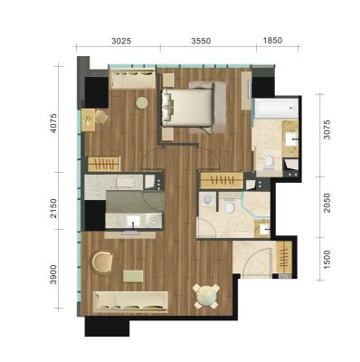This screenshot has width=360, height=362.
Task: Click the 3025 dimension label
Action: [121, 41]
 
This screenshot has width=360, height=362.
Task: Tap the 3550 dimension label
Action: [201, 41]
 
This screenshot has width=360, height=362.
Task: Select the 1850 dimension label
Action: [272, 40]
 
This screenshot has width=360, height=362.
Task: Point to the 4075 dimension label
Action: [53, 123]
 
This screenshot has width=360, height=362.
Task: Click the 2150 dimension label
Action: [53, 208]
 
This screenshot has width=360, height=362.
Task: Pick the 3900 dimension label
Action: [53, 274]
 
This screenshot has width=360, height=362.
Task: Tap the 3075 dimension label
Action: [327, 129]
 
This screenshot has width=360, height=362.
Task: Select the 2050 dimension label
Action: [327, 203]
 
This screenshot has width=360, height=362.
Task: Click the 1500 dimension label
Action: [327, 260]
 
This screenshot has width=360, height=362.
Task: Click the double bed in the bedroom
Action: [187, 108]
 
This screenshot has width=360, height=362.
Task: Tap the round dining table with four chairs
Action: [206, 296]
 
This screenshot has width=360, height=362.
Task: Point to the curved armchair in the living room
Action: [101, 262]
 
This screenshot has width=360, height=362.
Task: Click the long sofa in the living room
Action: [130, 300]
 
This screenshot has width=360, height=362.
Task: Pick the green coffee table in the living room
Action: [133, 276]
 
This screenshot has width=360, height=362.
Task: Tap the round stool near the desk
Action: [141, 103]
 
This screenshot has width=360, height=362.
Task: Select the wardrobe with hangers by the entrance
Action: [284, 257]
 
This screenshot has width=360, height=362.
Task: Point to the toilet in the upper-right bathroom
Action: [269, 162]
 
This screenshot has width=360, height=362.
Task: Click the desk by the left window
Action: [88, 119]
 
